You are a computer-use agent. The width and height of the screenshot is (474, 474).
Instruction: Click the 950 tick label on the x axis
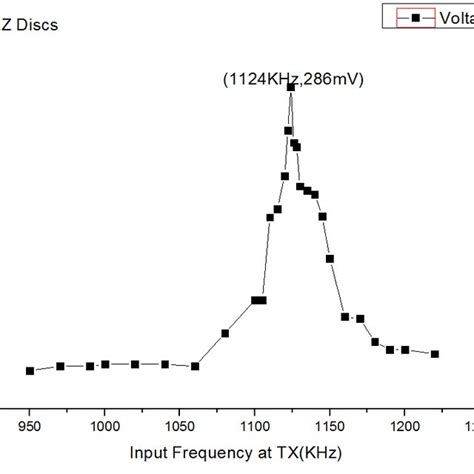[30, 424]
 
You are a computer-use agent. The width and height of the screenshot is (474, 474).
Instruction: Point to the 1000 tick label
[104, 424]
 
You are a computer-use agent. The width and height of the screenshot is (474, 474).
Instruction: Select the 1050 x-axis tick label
[179, 424]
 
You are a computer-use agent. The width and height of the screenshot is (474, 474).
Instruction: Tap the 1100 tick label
[254, 424]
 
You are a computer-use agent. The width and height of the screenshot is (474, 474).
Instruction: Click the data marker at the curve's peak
[291, 88]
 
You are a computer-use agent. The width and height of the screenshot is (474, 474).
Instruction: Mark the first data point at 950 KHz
[30, 371]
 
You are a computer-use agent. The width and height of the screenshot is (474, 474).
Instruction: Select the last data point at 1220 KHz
[435, 354]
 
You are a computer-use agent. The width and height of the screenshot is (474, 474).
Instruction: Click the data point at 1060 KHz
[195, 366]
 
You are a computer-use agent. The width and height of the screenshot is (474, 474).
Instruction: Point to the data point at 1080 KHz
[225, 333]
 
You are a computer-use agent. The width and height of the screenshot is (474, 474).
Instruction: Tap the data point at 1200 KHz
[405, 350]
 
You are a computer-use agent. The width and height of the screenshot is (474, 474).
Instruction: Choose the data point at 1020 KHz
[135, 364]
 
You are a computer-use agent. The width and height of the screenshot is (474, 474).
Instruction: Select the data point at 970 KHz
[60, 366]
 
